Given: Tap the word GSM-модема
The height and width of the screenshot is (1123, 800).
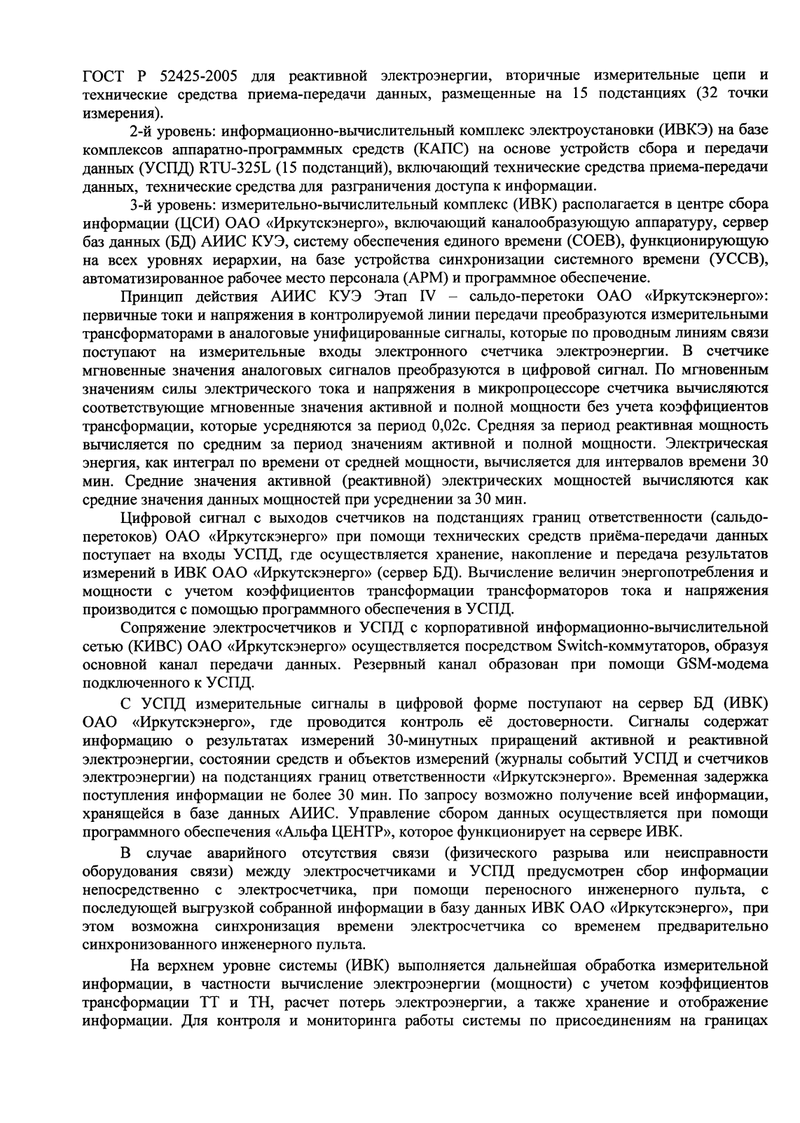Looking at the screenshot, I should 724,663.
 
